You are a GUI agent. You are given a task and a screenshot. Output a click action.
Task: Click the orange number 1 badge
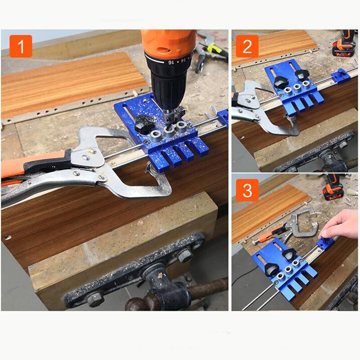pos(21,46)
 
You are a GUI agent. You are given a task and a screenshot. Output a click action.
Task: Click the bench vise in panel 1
pos(148,274)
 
